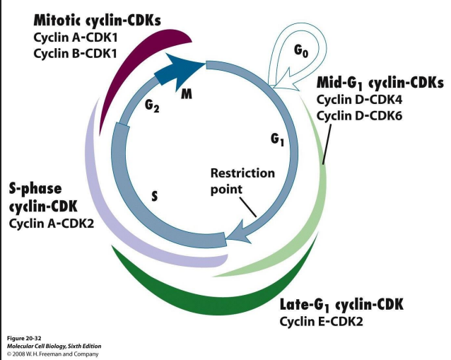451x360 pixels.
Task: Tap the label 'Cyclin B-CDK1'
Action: pyautogui.click(x=67, y=54)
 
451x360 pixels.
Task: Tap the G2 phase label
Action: pyautogui.click(x=152, y=106)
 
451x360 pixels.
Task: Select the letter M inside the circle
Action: pyautogui.click(x=187, y=94)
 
